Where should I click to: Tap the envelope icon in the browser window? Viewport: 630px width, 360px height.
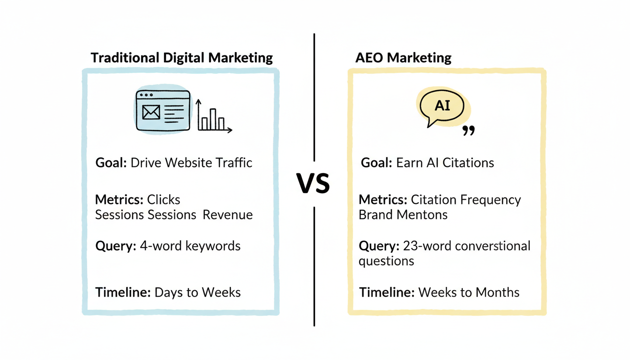[150, 112]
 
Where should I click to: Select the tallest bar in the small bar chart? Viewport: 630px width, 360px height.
[213, 119]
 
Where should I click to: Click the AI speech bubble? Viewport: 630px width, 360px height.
[442, 106]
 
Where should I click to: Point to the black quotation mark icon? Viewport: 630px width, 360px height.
[468, 131]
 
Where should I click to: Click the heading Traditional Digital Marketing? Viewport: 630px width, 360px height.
[181, 58]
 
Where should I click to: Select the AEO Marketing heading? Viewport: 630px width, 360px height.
[404, 58]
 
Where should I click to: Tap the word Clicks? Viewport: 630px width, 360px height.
[164, 200]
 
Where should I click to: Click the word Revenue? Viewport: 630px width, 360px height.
[228, 215]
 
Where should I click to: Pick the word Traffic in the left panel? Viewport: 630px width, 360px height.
[234, 163]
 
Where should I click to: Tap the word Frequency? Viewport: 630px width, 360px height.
[490, 200]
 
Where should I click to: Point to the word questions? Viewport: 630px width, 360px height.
[386, 261]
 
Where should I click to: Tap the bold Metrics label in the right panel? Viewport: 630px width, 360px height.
[382, 200]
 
